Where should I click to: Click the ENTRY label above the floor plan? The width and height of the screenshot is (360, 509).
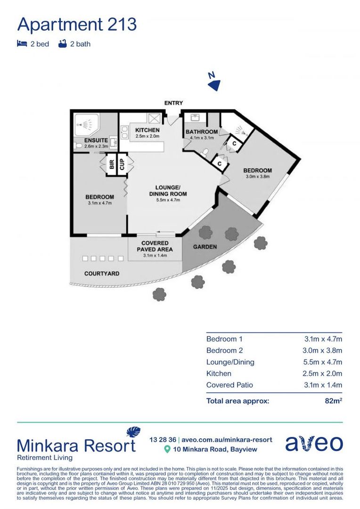pyautogui.click(x=173, y=103)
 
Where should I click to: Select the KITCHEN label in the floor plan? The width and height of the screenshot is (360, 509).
pyautogui.click(x=147, y=130)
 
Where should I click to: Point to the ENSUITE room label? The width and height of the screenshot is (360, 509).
pyautogui.click(x=96, y=140)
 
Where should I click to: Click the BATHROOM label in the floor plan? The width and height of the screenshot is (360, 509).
pyautogui.click(x=202, y=131)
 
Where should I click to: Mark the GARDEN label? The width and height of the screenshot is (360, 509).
pyautogui.click(x=205, y=246)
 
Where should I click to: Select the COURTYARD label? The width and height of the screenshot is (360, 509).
pyautogui.click(x=102, y=273)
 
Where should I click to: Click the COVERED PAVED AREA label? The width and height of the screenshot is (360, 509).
pyautogui.click(x=155, y=246)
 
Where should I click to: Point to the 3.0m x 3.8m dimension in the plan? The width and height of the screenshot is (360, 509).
pyautogui.click(x=257, y=177)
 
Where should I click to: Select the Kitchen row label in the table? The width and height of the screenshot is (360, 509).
pyautogui.click(x=219, y=373)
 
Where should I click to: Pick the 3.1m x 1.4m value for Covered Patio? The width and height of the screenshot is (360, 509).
pyautogui.click(x=323, y=385)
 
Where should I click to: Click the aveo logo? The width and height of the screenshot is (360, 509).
pyautogui.click(x=314, y=443)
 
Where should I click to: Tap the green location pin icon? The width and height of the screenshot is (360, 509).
pyautogui.click(x=166, y=450)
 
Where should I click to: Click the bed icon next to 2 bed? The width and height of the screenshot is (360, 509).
pyautogui.click(x=21, y=44)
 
